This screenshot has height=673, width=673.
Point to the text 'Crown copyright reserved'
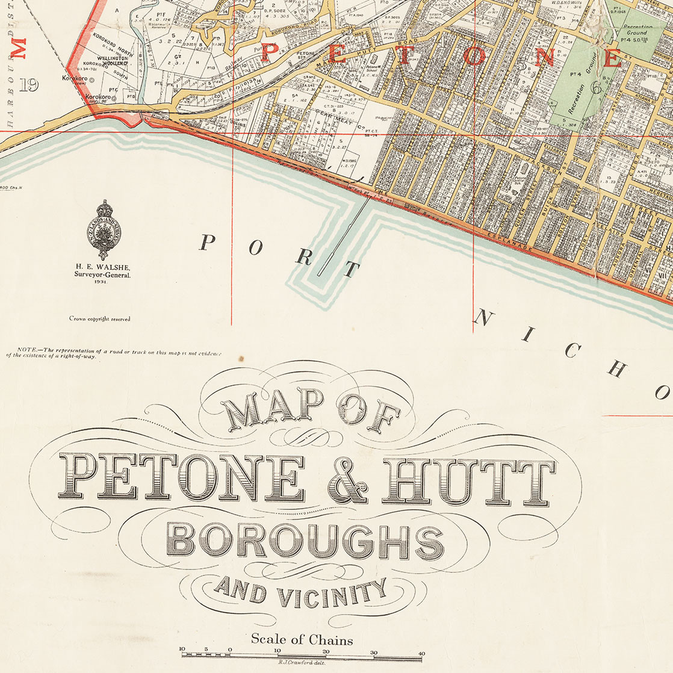pos(99,319)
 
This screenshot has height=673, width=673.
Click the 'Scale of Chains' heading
pos(302,639)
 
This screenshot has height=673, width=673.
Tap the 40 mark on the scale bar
pos(421,651)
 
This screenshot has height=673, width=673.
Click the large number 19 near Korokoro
pos(28,85)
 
